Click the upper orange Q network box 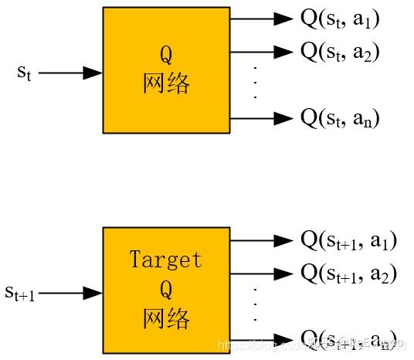point(166,70)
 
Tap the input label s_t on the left point(24,73)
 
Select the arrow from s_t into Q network point(70,73)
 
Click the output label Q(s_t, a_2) point(340,53)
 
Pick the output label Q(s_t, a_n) point(340,119)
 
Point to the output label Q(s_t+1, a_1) point(348,240)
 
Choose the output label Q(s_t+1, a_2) point(348,273)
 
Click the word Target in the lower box point(166,260)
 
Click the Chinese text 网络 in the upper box point(166,83)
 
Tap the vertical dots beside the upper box point(254,84)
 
